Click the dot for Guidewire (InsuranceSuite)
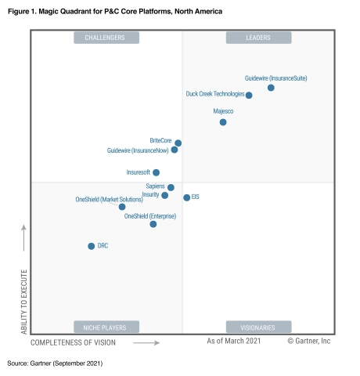(271, 88)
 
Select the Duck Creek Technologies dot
(249, 96)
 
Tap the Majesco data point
(223, 122)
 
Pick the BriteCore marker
(178, 143)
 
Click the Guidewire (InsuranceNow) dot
(175, 150)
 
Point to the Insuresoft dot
(157, 172)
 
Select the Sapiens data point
(171, 187)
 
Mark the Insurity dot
(165, 195)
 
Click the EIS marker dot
(186, 197)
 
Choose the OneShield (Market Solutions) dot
(122, 207)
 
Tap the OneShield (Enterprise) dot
(153, 224)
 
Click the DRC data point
(92, 246)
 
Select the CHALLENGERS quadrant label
(106, 38)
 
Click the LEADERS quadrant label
(258, 38)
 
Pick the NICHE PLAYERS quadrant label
(106, 327)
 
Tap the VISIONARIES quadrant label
(258, 327)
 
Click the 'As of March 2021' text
(233, 342)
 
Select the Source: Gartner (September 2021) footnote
(55, 363)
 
